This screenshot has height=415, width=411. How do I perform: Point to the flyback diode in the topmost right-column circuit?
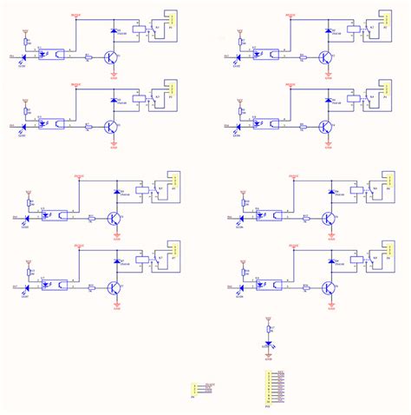[329, 30]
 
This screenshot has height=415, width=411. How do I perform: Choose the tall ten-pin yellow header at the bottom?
[267, 387]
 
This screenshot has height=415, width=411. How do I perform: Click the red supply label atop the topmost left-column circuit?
[75, 14]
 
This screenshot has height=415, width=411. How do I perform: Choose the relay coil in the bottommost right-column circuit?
[355, 258]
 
